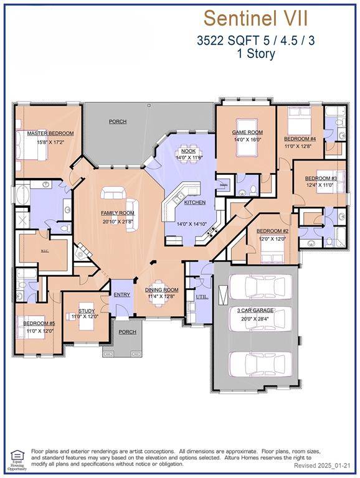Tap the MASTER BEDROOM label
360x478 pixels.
coord(50,133)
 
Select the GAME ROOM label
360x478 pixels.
coord(247,132)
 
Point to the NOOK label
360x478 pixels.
coord(187,151)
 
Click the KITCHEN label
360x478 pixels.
coord(194,203)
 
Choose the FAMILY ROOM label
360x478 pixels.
coord(118,213)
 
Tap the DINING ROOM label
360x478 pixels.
coord(161,289)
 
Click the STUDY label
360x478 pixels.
coord(86,311)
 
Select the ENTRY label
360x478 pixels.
coord(121,294)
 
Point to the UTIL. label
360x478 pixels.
coord(202,298)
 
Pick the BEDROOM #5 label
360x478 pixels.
coord(39,324)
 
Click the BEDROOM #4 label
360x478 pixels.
coord(300,139)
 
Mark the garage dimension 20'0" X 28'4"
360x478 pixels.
coord(257,317)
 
